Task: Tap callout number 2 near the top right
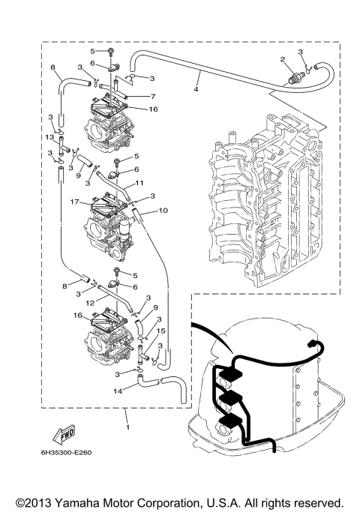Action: click(x=283, y=58)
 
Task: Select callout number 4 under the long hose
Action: click(x=196, y=89)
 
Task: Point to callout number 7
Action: click(x=153, y=97)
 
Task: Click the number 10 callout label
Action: click(x=163, y=211)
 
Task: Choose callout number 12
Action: click(x=89, y=301)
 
